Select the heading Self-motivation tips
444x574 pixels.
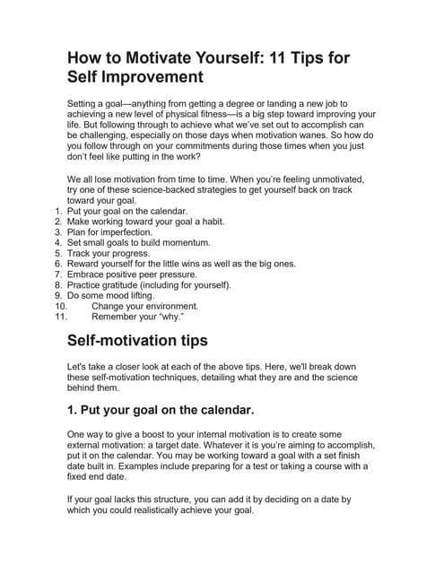[x=137, y=341]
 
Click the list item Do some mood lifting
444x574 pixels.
[x=111, y=295]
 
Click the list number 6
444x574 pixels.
[x=58, y=264]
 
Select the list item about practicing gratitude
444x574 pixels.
[x=143, y=285]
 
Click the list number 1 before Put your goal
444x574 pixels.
[x=58, y=211]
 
